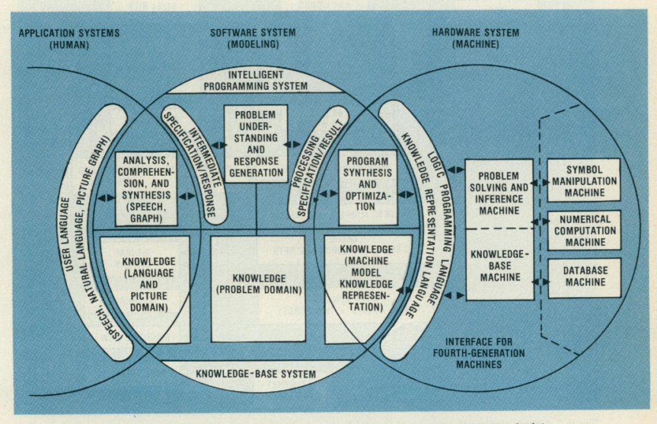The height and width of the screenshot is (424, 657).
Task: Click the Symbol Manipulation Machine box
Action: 584,180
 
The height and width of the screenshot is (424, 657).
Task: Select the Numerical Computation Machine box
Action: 584,230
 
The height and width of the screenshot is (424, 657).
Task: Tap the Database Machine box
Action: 584,278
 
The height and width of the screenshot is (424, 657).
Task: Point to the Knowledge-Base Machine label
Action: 499,264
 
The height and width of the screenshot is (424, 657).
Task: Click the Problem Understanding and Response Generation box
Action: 255,144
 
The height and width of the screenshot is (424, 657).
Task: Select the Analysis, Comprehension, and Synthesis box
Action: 146,189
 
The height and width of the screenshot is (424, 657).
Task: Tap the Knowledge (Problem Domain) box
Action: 258,285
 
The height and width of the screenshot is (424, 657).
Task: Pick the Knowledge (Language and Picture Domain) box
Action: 146,285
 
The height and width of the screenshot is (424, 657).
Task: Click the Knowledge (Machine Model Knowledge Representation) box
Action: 367,278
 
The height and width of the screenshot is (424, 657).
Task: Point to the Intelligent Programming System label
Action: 256,80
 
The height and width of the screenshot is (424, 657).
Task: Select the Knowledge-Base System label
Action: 256,373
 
